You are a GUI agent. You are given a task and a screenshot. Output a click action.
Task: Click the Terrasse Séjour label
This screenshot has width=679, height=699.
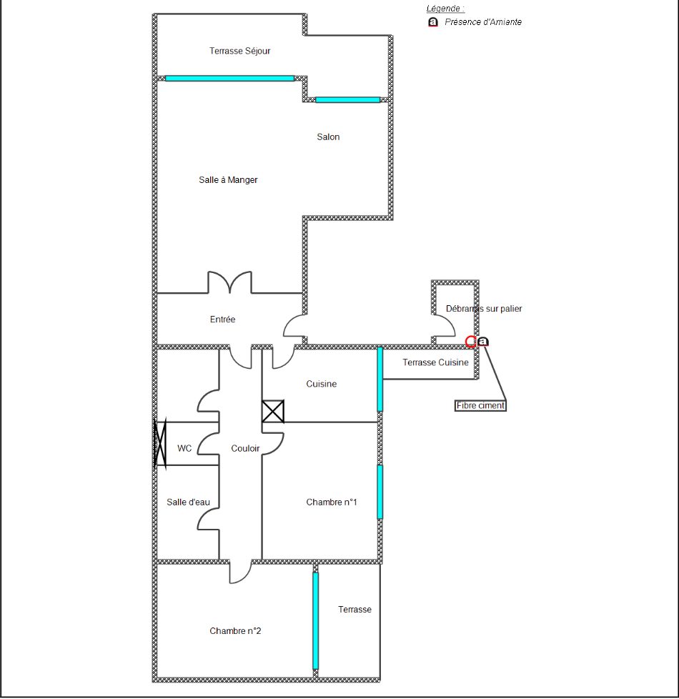(x=240, y=51)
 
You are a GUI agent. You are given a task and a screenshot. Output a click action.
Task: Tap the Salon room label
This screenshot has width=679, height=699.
(x=328, y=137)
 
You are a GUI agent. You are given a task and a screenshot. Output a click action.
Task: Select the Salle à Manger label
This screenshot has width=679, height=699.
(x=228, y=179)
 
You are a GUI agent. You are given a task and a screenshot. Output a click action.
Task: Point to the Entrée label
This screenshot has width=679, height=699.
(x=222, y=319)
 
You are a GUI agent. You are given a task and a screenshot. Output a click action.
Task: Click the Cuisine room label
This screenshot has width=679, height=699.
(x=322, y=384)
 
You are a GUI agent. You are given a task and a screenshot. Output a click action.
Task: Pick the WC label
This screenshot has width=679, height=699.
(x=184, y=448)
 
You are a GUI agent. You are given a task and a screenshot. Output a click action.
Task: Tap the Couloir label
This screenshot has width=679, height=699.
(x=245, y=448)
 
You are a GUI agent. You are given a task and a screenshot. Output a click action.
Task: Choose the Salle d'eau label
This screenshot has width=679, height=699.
(x=188, y=502)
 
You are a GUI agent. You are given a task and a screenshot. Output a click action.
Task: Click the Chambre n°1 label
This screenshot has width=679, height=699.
(x=331, y=502)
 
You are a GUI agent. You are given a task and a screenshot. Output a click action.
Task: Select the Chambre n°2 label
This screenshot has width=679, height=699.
(x=235, y=631)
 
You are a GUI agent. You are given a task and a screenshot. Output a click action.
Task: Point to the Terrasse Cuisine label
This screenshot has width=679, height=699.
(x=435, y=362)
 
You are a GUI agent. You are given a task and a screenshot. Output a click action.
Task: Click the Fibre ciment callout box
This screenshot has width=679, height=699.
(x=480, y=406)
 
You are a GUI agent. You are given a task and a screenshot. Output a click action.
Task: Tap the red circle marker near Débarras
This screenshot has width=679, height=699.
(x=471, y=342)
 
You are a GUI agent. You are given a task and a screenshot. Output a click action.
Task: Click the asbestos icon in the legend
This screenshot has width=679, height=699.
(x=433, y=22)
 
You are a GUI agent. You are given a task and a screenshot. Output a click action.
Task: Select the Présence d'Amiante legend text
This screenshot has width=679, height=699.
(x=483, y=22)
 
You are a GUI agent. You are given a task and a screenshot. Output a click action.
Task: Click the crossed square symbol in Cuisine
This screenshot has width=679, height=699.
(x=273, y=411)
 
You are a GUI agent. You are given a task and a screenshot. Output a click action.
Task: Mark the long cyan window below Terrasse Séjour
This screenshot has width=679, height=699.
(x=229, y=79)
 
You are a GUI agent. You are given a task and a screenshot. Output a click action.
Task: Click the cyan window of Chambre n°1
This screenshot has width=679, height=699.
(x=380, y=492)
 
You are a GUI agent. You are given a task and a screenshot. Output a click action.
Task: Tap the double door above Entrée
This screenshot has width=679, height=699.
(x=229, y=282)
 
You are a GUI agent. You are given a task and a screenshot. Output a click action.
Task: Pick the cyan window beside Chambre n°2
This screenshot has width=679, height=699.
(x=316, y=621)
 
